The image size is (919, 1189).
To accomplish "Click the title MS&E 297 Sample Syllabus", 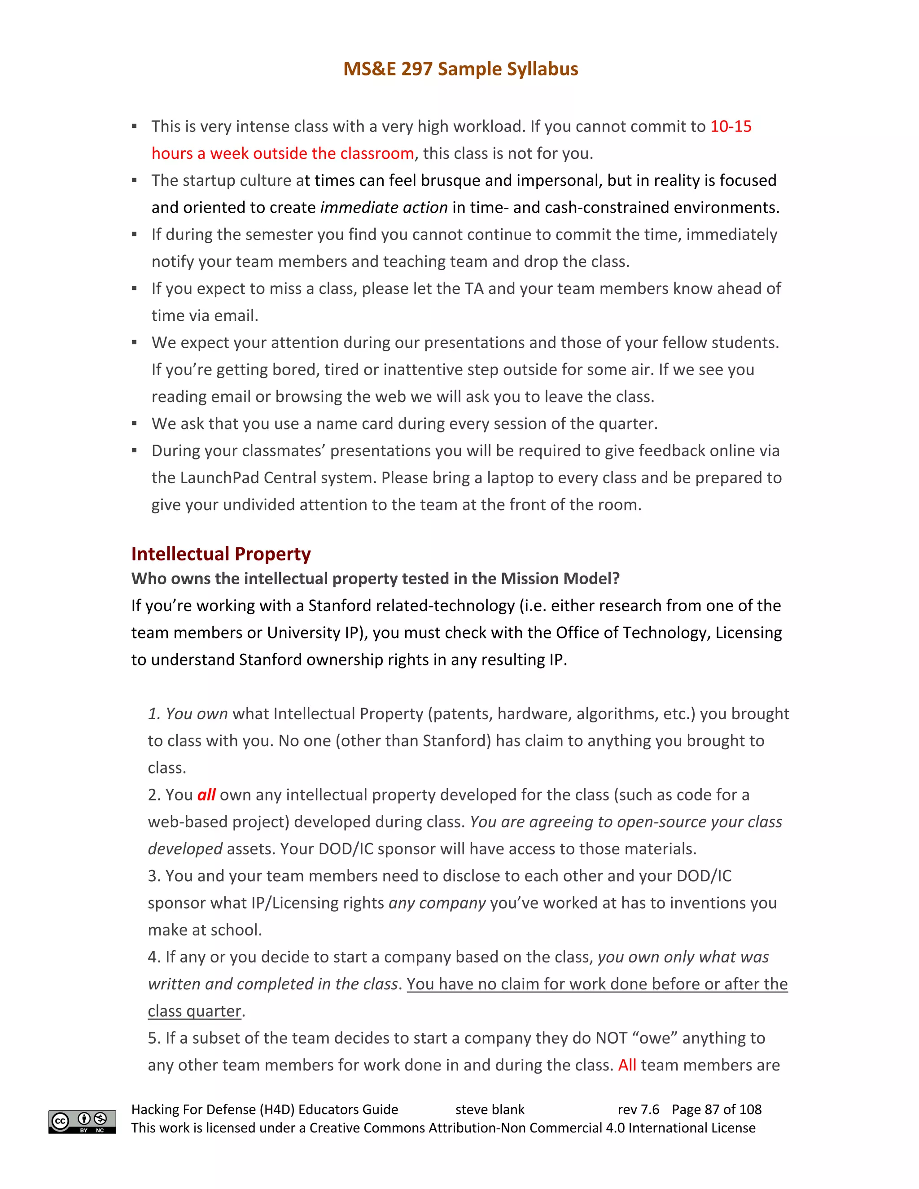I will click(x=460, y=69).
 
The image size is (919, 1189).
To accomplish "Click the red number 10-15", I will click(x=731, y=127).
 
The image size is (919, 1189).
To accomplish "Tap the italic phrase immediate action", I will click(x=384, y=207).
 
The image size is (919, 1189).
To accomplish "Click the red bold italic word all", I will click(x=206, y=795).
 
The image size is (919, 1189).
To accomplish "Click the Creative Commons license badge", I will click(x=82, y=1122).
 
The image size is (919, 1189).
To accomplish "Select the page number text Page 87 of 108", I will click(x=717, y=1110).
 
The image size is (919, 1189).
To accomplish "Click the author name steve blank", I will click(x=490, y=1110).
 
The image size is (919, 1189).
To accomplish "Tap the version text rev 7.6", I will click(x=638, y=1110).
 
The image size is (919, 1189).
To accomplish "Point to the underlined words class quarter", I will click(x=194, y=1011).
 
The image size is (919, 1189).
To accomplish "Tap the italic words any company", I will click(x=437, y=903).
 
